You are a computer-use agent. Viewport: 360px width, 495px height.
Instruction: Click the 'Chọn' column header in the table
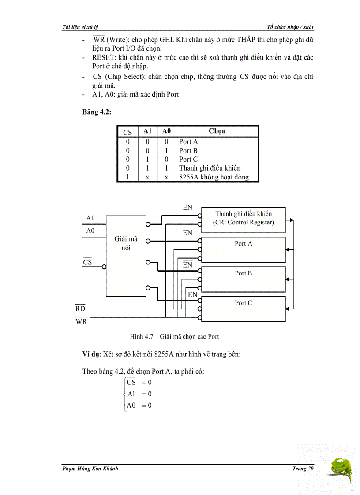pyautogui.click(x=217, y=131)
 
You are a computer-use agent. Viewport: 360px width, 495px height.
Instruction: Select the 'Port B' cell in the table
pyautogui.click(x=188, y=151)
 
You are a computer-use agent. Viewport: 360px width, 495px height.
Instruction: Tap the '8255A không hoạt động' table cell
pyautogui.click(x=214, y=177)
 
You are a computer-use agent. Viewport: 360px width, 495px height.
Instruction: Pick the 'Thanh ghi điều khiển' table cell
pyautogui.click(x=210, y=168)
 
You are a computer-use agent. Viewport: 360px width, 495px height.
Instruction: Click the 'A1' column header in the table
pyautogui.click(x=147, y=131)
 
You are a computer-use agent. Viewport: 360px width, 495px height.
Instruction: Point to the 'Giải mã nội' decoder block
pyautogui.click(x=126, y=256)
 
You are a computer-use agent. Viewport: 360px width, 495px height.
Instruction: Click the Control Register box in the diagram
pyautogui.click(x=243, y=219)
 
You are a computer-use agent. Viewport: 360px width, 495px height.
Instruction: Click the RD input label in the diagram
pyautogui.click(x=80, y=309)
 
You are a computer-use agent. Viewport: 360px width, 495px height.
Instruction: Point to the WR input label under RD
pyautogui.click(x=81, y=321)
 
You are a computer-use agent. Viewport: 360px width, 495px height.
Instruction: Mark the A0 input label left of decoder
pyautogui.click(x=90, y=231)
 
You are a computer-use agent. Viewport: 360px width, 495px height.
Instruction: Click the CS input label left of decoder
pyautogui.click(x=87, y=262)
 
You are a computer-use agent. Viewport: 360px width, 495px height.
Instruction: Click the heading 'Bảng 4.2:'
pyautogui.click(x=97, y=112)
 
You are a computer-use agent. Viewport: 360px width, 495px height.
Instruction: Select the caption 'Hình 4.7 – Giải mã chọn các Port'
pyautogui.click(x=174, y=337)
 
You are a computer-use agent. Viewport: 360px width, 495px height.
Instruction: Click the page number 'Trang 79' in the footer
pyautogui.click(x=302, y=469)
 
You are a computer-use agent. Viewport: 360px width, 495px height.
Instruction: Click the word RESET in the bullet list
pyautogui.click(x=104, y=57)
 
